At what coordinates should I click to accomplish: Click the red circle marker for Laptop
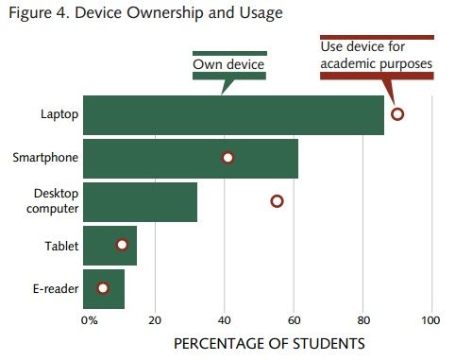(x=397, y=114)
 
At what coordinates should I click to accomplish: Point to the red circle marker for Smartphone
(x=227, y=158)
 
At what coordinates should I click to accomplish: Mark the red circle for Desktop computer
(x=277, y=201)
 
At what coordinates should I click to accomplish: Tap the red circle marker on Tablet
(x=122, y=245)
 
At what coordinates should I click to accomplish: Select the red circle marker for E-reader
(x=103, y=288)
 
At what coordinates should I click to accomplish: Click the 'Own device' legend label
(x=228, y=65)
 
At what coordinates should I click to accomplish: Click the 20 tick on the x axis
(x=155, y=320)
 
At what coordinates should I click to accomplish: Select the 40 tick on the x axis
(x=225, y=320)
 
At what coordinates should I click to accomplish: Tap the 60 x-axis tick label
(x=294, y=320)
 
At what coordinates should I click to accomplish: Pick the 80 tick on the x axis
(x=363, y=320)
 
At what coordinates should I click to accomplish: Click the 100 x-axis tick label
(x=431, y=320)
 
